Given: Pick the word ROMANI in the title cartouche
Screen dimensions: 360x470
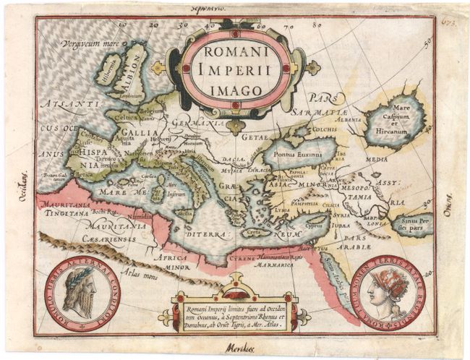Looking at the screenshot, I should (235, 51).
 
